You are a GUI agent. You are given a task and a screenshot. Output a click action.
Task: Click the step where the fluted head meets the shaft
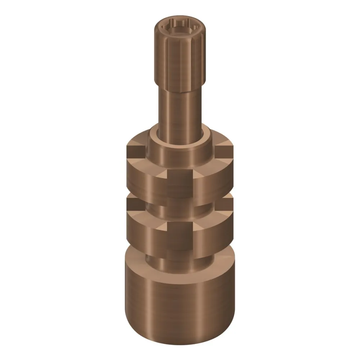180,91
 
